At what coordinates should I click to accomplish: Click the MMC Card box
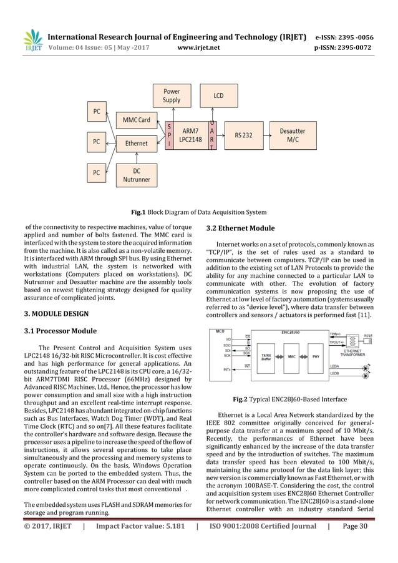tap(135, 119)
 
